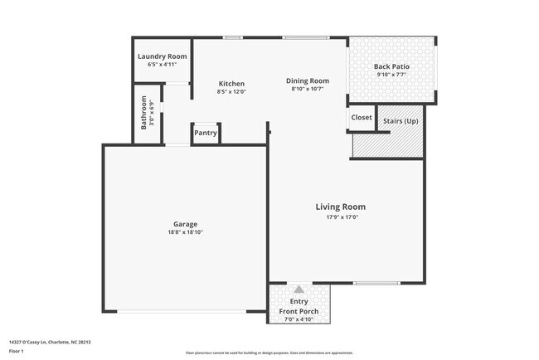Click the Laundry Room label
point(162,56)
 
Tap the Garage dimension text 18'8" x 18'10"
point(185,232)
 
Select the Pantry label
point(205,133)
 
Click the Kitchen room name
point(231,84)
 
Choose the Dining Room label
point(308,80)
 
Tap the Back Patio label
point(392,66)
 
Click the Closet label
point(362,118)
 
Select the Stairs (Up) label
point(400,121)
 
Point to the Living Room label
point(340,207)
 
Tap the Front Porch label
point(299,311)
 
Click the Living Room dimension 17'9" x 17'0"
point(340,217)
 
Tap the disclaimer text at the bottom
point(269,353)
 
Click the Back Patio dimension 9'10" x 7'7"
point(392,75)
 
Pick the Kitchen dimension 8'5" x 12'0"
point(231,91)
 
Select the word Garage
point(185,224)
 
